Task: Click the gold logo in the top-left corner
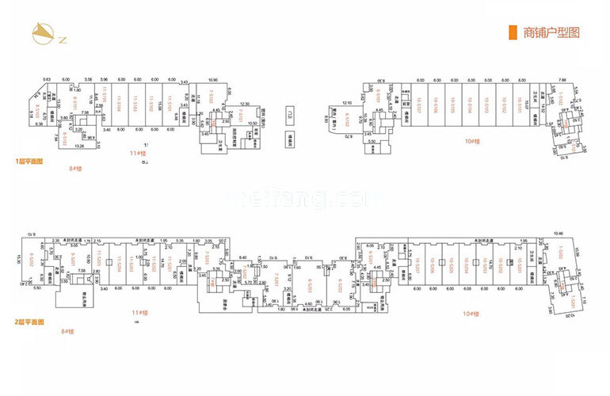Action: pos(40,32)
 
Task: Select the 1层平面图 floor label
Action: pos(29,161)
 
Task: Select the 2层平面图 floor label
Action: pos(29,322)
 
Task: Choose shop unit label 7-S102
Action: pos(211,98)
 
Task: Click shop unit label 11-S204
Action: pos(119,265)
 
